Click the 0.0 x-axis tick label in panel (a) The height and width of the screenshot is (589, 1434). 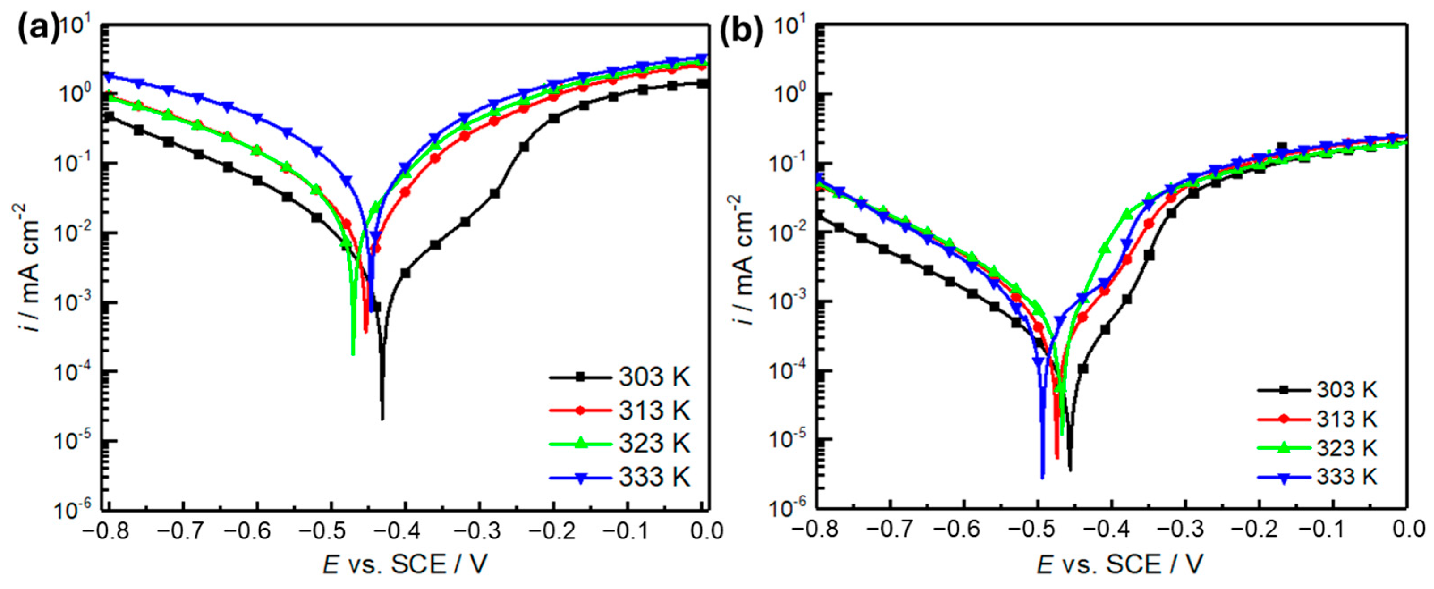706,531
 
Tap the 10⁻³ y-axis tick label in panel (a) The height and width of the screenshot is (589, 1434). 77,303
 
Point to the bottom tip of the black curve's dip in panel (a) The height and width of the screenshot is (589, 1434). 382,419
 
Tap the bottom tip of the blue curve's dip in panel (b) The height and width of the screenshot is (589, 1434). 1042,477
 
